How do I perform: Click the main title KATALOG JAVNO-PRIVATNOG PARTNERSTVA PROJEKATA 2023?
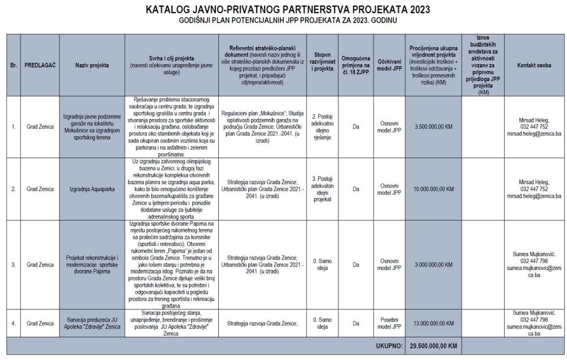287,10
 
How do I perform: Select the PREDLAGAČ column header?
40,65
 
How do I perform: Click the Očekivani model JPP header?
389,65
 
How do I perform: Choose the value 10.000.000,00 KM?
434,189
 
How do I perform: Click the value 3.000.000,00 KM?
434,265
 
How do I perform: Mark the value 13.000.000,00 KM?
434,324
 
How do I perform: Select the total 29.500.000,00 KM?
434,345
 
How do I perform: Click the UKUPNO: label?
389,345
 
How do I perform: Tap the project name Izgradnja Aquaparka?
92,189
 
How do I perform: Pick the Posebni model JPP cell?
389,324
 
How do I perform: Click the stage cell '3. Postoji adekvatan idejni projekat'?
324,189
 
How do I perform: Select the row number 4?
13,324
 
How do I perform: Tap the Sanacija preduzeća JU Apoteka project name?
92,324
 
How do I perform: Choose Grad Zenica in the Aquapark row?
40,189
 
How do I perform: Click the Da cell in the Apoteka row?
356,324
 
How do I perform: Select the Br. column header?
13,65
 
